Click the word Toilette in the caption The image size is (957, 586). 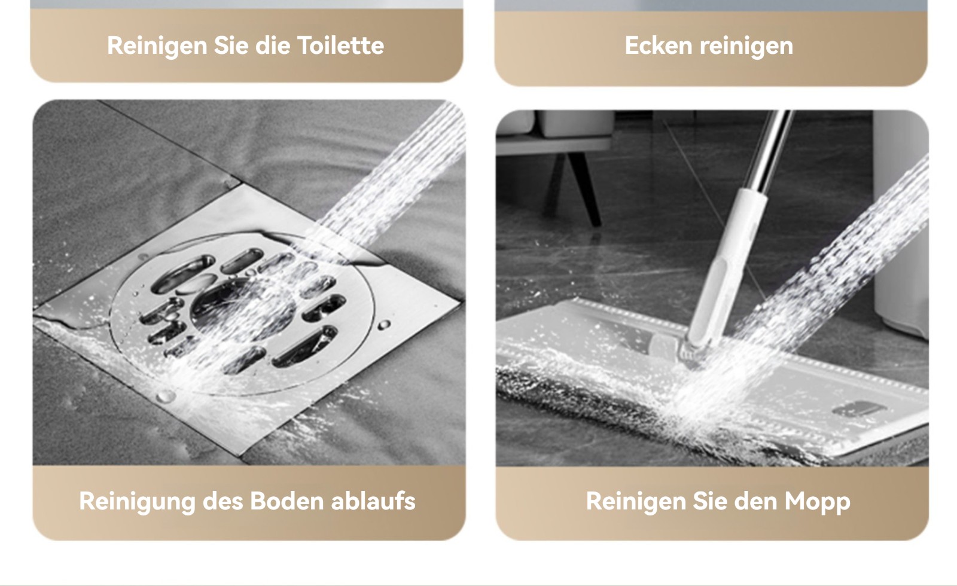tap(340, 45)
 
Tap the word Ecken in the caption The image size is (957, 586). tap(659, 45)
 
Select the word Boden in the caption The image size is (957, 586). tap(287, 500)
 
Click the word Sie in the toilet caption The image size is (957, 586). tap(231, 45)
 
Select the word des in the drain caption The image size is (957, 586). tap(223, 500)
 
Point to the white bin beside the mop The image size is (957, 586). tap(901, 222)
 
